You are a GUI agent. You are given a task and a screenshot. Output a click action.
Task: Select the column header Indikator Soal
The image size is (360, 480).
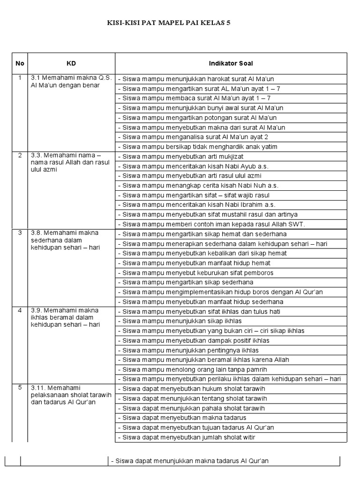[x=231, y=63]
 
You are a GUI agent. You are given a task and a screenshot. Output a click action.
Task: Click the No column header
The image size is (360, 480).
[x=20, y=63]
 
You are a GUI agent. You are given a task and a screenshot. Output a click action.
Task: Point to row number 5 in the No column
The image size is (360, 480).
[x=20, y=388]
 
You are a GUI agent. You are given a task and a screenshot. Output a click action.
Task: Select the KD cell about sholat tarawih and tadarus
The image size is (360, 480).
[x=71, y=395]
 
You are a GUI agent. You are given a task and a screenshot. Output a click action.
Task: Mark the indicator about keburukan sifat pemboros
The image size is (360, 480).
[x=195, y=272]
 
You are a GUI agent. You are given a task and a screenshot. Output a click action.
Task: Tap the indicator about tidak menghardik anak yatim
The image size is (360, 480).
[x=197, y=147]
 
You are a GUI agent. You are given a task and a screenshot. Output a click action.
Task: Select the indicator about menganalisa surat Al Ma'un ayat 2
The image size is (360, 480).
[x=193, y=137]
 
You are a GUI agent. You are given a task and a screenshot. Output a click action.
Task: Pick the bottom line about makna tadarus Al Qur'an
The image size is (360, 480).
[x=189, y=461]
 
